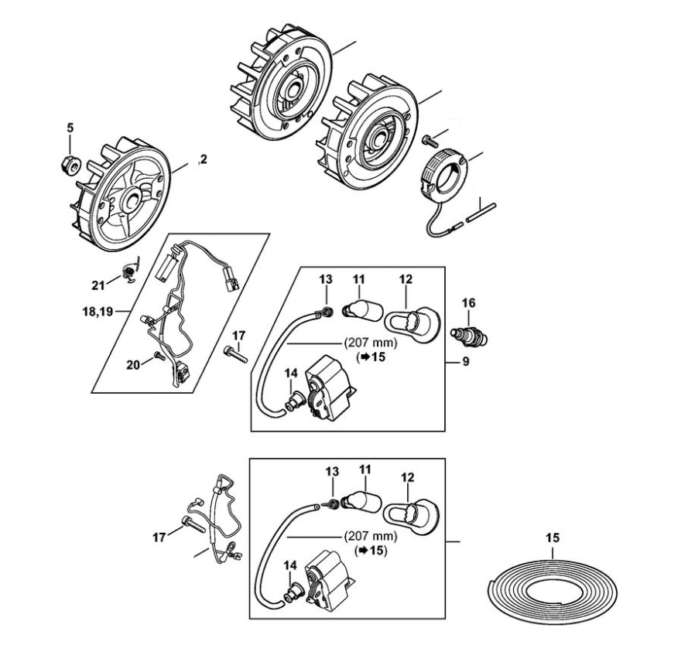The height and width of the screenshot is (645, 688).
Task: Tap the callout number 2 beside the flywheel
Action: pyautogui.click(x=203, y=160)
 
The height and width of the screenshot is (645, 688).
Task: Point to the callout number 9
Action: pyautogui.click(x=465, y=360)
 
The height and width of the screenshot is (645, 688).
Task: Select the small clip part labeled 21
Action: pyautogui.click(x=129, y=271)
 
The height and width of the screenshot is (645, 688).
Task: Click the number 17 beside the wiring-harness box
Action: pyautogui.click(x=238, y=336)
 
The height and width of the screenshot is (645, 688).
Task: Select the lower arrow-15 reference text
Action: pyautogui.click(x=370, y=551)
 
